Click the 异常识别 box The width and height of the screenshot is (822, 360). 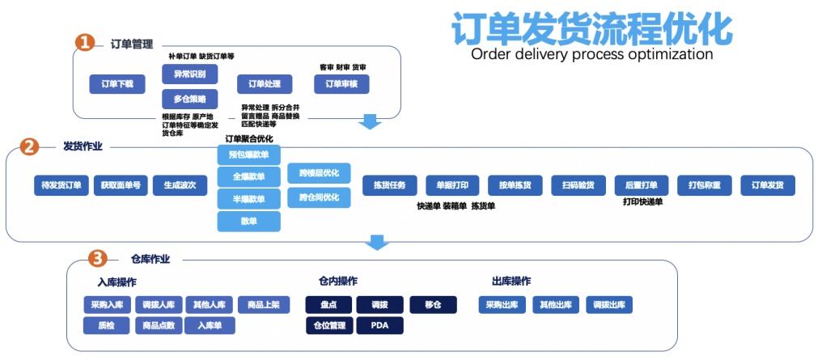(x=189, y=74)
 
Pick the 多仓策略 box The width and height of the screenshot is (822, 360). (x=189, y=100)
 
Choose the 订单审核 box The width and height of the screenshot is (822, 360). (x=341, y=83)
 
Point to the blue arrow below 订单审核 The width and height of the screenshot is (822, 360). (x=371, y=121)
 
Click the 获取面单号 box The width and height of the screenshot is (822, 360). (x=121, y=185)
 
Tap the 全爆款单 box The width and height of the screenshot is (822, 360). (x=248, y=176)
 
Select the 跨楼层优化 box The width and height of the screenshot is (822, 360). (x=319, y=173)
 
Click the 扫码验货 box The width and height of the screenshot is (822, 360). (x=578, y=185)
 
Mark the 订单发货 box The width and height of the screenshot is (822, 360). (x=768, y=185)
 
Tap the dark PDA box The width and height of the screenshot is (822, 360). (x=379, y=326)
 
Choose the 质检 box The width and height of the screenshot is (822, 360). (x=105, y=326)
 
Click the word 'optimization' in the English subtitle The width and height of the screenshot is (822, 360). (x=664, y=55)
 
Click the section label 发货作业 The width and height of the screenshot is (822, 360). (x=83, y=146)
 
